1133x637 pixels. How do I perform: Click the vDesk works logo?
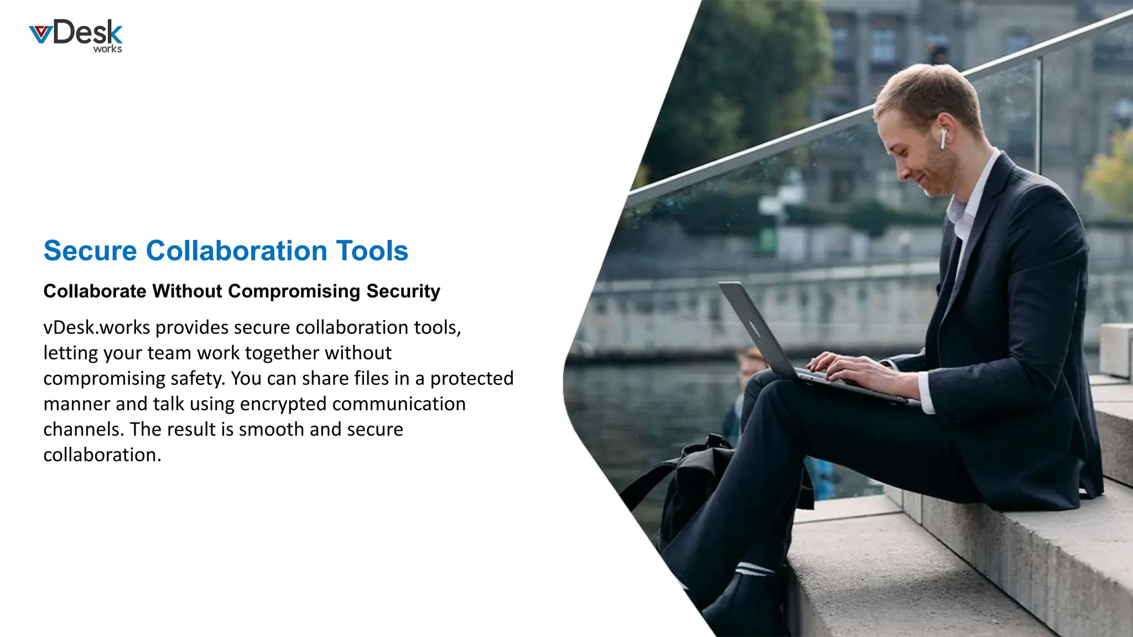(76, 36)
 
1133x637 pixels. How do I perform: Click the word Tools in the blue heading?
(372, 251)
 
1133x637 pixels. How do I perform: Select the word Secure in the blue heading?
(90, 251)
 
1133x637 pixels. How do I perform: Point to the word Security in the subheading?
(403, 291)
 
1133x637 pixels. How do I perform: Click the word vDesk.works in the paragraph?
(97, 327)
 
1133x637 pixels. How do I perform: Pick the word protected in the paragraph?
(472, 379)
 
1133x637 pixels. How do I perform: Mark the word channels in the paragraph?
(84, 430)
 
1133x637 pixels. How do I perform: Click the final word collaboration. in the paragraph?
(102, 455)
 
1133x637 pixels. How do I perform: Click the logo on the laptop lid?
(755, 328)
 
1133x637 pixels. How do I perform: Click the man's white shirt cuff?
(926, 393)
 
